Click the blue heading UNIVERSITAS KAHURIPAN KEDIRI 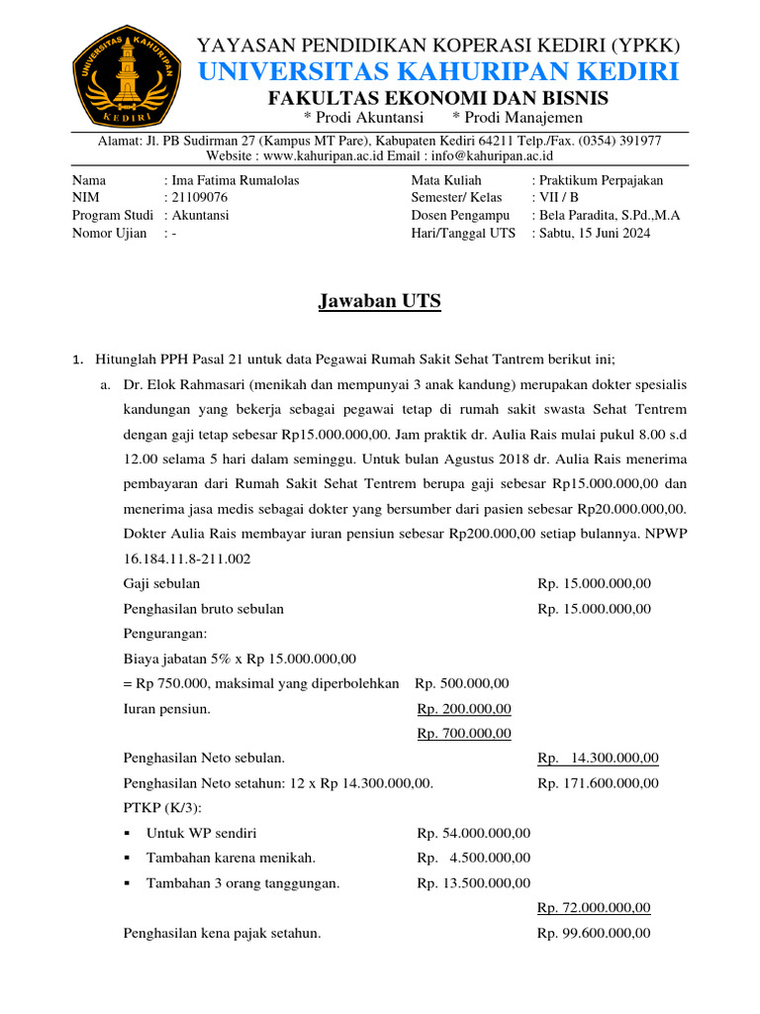point(439,71)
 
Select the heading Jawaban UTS point(379,302)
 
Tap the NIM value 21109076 point(201,197)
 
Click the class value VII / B point(559,197)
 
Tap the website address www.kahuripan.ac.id point(324,155)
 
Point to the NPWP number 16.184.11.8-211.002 point(187,558)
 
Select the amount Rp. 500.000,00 point(462,683)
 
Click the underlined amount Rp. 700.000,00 point(464,733)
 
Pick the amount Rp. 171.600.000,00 point(598,782)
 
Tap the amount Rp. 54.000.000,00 point(474,833)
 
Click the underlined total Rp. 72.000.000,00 point(594,907)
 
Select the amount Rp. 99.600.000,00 point(594,933)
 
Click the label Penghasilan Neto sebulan point(204,758)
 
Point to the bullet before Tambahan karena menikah point(129,858)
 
